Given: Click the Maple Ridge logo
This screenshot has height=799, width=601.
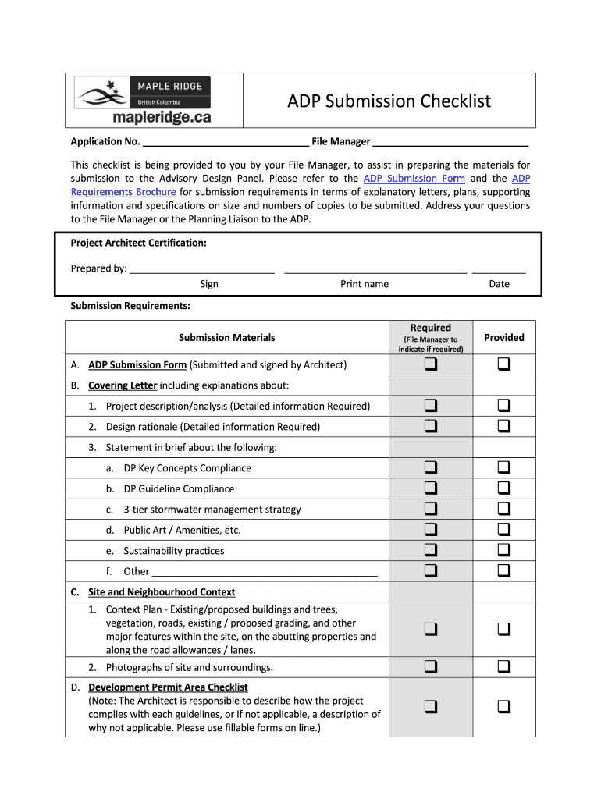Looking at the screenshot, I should click(x=143, y=101).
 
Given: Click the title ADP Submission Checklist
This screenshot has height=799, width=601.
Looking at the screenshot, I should click(x=389, y=101).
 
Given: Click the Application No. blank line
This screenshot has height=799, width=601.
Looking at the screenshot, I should click(x=226, y=143).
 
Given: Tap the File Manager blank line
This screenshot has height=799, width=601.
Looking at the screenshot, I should click(x=450, y=143).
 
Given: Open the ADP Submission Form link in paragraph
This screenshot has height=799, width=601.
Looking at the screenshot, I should click(x=414, y=179).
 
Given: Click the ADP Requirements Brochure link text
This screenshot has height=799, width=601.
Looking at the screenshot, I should click(x=123, y=192).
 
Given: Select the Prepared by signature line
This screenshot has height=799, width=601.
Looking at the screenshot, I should click(x=202, y=270).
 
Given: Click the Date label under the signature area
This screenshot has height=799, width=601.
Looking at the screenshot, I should click(x=499, y=284).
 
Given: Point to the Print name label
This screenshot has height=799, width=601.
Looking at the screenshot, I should click(x=365, y=284).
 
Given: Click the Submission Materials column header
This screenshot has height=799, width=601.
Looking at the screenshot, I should click(x=226, y=338).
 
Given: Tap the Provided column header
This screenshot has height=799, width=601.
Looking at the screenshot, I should click(x=504, y=338).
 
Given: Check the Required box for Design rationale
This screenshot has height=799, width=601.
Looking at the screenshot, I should click(x=431, y=426).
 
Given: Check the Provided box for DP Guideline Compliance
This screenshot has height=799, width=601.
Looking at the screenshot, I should click(x=504, y=488).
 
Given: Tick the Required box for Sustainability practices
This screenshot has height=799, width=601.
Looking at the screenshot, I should click(x=431, y=550).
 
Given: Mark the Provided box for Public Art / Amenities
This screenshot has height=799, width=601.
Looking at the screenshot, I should click(x=504, y=529).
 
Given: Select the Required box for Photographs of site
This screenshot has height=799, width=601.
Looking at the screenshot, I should click(x=431, y=667).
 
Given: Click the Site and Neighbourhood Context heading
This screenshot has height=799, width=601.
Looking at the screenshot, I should click(x=162, y=592).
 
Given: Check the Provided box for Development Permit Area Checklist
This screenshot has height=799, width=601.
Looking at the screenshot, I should click(x=504, y=707).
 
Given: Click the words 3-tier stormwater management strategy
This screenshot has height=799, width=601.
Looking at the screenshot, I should click(x=212, y=510).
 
